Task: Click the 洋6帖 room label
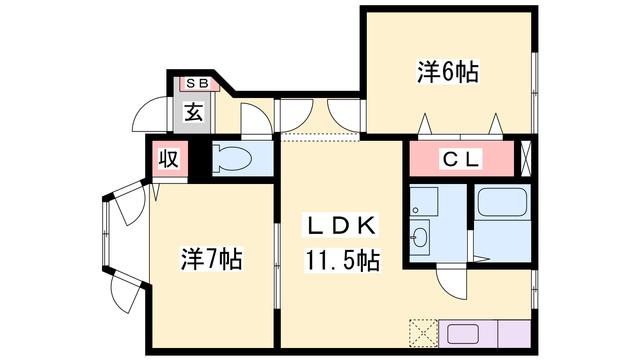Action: pyautogui.click(x=448, y=72)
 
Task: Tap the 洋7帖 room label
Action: pyautogui.click(x=211, y=259)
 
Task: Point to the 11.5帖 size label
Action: pyautogui.click(x=342, y=260)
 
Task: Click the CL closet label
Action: pyautogui.click(x=460, y=160)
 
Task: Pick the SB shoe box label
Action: pyautogui.click(x=198, y=84)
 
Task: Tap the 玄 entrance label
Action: pyautogui.click(x=194, y=112)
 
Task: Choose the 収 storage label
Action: pyautogui.click(x=168, y=159)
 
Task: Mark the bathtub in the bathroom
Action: pyautogui.click(x=502, y=202)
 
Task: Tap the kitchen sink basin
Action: pyautogui.click(x=463, y=334)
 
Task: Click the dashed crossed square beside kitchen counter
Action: pyautogui.click(x=423, y=333)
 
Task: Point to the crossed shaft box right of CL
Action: pyautogui.click(x=526, y=158)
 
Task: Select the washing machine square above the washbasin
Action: pyautogui.click(x=424, y=201)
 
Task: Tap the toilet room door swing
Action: pyautogui.click(x=256, y=119)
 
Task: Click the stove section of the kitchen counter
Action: pyautogui.click(x=514, y=334)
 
